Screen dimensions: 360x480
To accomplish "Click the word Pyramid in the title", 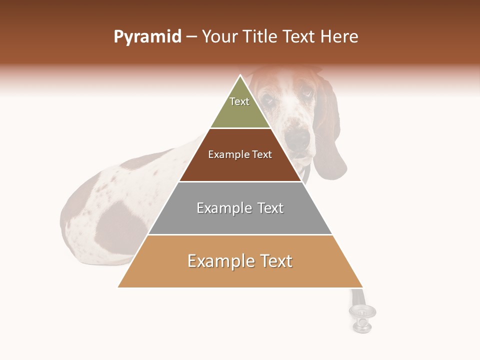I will click(x=147, y=37).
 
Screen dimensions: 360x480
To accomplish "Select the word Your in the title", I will click(x=219, y=37).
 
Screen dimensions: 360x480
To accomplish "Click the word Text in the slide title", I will click(x=299, y=37).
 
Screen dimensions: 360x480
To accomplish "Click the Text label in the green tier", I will click(x=239, y=101).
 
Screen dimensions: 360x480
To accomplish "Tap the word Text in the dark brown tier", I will click(x=262, y=155).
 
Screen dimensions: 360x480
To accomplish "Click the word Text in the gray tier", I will click(x=270, y=208).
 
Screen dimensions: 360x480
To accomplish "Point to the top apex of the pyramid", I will click(x=240, y=75).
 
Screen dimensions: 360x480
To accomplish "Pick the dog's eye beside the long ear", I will click(x=306, y=93).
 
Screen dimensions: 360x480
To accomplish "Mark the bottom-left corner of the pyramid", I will click(x=118, y=287).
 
